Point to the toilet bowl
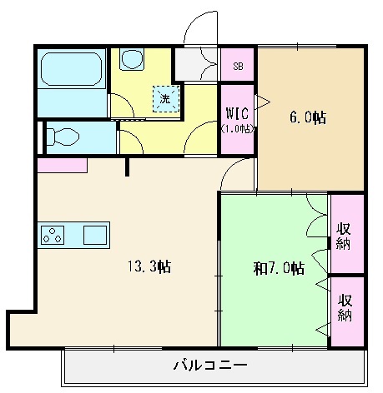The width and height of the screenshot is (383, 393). pyautogui.click(x=63, y=136)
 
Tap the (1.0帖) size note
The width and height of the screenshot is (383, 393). pyautogui.click(x=237, y=129)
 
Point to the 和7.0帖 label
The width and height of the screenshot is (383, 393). pyautogui.click(x=278, y=269)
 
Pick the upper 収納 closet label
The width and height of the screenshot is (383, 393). pyautogui.click(x=344, y=236)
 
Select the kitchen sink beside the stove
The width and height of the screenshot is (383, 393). pyautogui.click(x=93, y=234)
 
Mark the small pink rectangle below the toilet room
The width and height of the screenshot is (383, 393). pyautogui.click(x=61, y=164)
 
